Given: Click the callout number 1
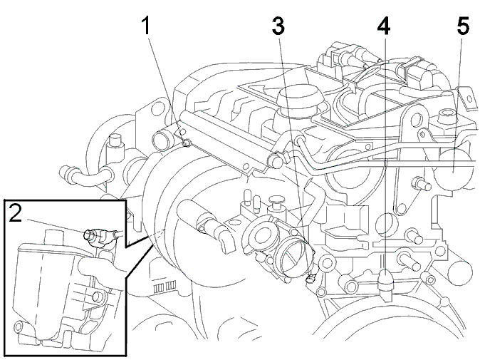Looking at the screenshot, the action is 147,26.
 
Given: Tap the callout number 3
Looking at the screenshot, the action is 278,26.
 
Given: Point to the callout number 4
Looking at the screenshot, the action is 384,26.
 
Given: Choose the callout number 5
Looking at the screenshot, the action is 463,26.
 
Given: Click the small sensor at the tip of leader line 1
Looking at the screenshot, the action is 187,143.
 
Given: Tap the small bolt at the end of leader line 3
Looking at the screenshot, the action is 311,278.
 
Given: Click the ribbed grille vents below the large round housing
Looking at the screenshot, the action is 165,287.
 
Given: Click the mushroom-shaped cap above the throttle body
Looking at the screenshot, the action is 276,200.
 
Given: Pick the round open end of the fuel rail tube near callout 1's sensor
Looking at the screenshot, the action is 162,140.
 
